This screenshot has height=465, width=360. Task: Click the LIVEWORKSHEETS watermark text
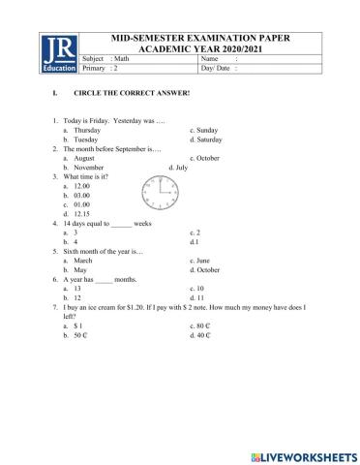click(310, 454)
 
